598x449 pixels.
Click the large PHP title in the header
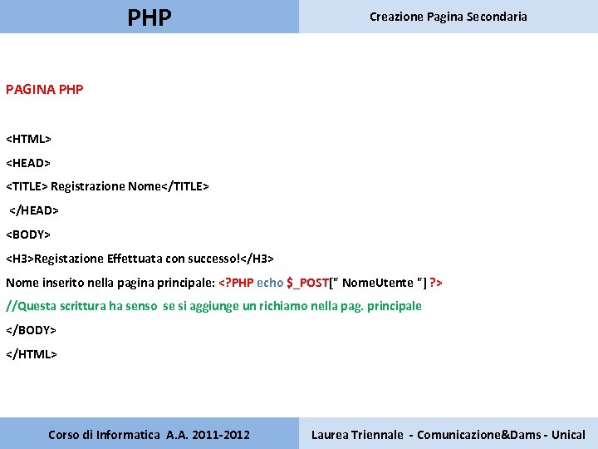[x=149, y=17]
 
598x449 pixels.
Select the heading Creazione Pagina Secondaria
[x=448, y=17]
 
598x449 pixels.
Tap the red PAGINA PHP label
[x=45, y=89]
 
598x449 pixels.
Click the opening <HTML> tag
[x=29, y=138]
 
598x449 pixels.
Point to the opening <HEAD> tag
[x=29, y=162]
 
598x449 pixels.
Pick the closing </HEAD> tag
[x=34, y=210]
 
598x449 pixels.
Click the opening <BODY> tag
[x=29, y=234]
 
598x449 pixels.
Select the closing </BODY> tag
[x=32, y=330]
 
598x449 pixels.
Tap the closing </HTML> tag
[x=32, y=354]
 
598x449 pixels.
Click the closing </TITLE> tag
[x=184, y=186]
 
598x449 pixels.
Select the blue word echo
[x=270, y=283]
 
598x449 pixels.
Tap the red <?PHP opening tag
[x=236, y=283]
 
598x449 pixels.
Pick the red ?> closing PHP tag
[x=436, y=283]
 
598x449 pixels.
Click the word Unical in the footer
[x=568, y=435]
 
